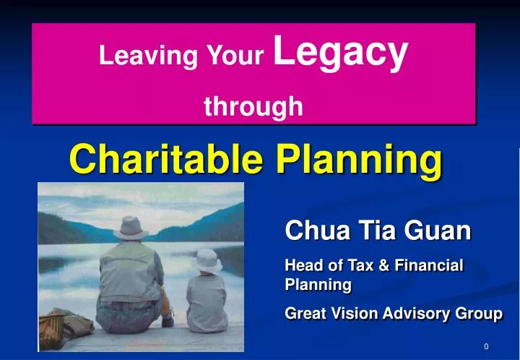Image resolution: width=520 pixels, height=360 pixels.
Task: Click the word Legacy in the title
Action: tap(342, 53)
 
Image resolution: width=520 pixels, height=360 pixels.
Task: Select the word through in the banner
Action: tap(253, 107)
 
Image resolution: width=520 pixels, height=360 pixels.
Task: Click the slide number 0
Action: tap(487, 347)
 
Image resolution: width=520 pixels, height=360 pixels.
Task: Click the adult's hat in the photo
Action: tap(132, 227)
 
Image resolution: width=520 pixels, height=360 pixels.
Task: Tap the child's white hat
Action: tap(208, 259)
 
